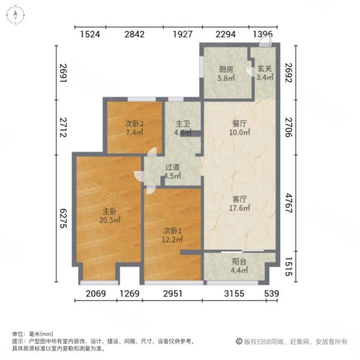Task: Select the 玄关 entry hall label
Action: click(x=264, y=68)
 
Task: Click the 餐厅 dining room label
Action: click(x=241, y=124)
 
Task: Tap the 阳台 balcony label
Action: click(x=239, y=262)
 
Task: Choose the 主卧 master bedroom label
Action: click(x=109, y=211)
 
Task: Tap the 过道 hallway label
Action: click(x=173, y=168)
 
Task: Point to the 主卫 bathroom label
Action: click(x=182, y=124)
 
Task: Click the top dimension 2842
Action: click(x=134, y=34)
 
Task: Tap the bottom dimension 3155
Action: click(x=235, y=293)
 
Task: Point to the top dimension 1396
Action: click(x=262, y=34)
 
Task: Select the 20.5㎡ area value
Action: click(x=109, y=220)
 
